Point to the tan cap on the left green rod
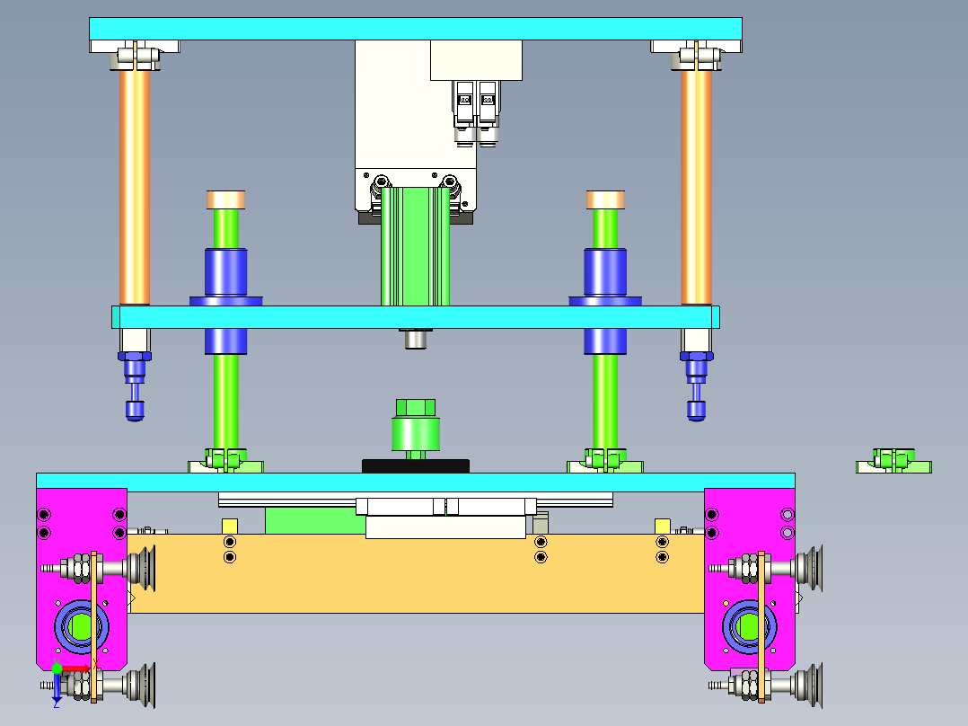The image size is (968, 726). click(x=226, y=199)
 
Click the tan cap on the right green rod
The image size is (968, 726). click(x=606, y=199)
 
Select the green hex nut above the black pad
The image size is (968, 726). click(x=415, y=407)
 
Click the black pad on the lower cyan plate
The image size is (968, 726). click(x=415, y=465)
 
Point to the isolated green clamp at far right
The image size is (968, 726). click(x=893, y=462)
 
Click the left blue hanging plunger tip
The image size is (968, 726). click(x=135, y=410)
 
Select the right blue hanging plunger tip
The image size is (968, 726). click(x=696, y=410)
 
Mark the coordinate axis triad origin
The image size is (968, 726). click(x=57, y=669)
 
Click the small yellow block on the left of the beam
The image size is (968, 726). click(x=230, y=526)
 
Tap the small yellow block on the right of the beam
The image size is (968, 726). click(x=664, y=526)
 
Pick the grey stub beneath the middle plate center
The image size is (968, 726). click(x=415, y=339)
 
